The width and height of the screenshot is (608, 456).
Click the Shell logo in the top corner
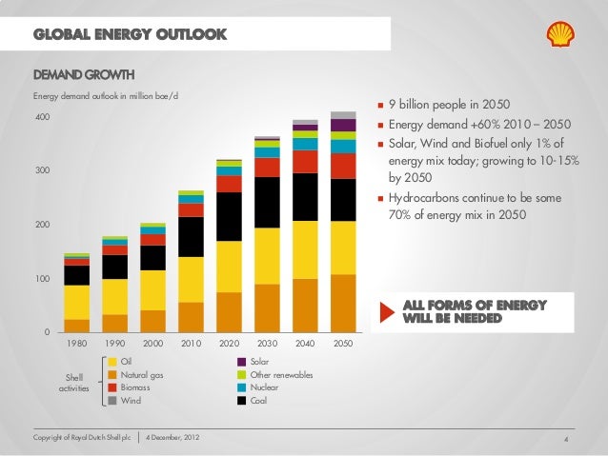click(x=560, y=36)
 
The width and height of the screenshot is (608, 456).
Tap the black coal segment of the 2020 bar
click(x=229, y=216)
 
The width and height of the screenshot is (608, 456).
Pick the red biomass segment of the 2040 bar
click(x=305, y=161)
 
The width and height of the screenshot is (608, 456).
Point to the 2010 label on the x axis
click(x=191, y=343)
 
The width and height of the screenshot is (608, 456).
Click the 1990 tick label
click(x=114, y=343)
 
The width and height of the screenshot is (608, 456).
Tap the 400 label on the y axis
click(x=41, y=117)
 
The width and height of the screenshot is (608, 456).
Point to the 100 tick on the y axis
click(x=41, y=279)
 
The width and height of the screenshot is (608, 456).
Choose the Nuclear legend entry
click(x=264, y=387)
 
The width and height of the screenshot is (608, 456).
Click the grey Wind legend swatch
click(x=112, y=401)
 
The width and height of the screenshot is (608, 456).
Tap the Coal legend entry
click(x=258, y=401)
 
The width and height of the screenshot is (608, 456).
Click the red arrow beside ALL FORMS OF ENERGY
click(x=386, y=311)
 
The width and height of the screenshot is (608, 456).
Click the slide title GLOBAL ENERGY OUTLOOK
click(x=130, y=36)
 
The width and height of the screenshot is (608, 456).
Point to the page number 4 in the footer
click(x=566, y=439)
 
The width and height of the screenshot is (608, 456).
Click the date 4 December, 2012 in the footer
click(x=172, y=437)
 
